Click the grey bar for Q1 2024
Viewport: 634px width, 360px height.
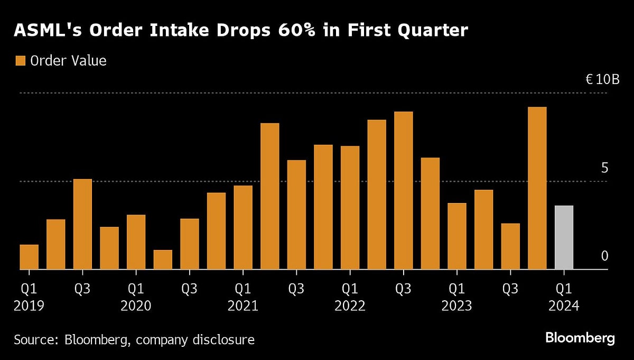(x=564, y=237)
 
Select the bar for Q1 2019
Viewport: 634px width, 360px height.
(x=29, y=257)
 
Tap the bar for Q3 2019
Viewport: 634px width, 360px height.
(x=82, y=224)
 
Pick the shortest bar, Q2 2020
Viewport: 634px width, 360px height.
(x=163, y=260)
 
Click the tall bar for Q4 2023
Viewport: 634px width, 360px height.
(x=537, y=188)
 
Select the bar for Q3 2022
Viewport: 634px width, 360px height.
(x=403, y=190)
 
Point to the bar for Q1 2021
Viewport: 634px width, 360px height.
(x=243, y=227)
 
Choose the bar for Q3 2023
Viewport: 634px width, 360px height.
(x=510, y=246)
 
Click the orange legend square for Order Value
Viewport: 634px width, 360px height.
(x=21, y=61)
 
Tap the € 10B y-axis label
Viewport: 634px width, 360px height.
(x=602, y=80)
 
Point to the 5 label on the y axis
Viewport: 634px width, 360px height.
(x=605, y=168)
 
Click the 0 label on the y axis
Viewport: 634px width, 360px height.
(x=605, y=256)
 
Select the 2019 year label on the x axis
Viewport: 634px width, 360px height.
(x=30, y=306)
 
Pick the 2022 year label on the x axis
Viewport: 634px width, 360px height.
(x=350, y=306)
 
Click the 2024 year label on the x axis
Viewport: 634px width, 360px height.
(x=564, y=306)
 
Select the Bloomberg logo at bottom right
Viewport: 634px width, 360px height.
(x=580, y=338)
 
